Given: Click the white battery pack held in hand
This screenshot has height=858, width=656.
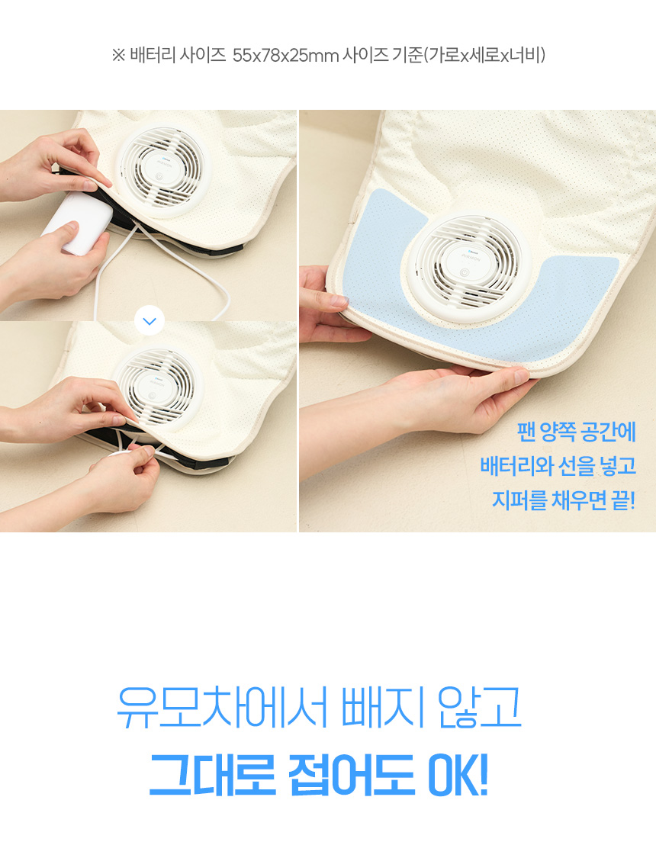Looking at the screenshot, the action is pyautogui.click(x=78, y=223).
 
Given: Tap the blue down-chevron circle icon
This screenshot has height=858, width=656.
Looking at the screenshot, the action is pyautogui.click(x=150, y=321).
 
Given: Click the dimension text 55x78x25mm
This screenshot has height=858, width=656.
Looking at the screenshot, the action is pyautogui.click(x=285, y=55).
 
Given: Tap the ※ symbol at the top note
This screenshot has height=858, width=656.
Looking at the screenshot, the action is pyautogui.click(x=119, y=55).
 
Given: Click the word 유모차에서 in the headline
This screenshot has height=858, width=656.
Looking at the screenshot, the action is pyautogui.click(x=221, y=706).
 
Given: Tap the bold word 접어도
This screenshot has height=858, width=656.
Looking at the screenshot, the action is pyautogui.click(x=351, y=774).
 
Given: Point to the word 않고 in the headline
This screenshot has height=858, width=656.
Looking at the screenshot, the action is pyautogui.click(x=480, y=706).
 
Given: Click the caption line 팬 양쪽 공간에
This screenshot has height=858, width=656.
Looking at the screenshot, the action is pyautogui.click(x=577, y=432).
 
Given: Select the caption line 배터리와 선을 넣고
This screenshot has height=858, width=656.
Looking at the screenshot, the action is pyautogui.click(x=558, y=466).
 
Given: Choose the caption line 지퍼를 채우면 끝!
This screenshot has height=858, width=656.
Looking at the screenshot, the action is pyautogui.click(x=564, y=500).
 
